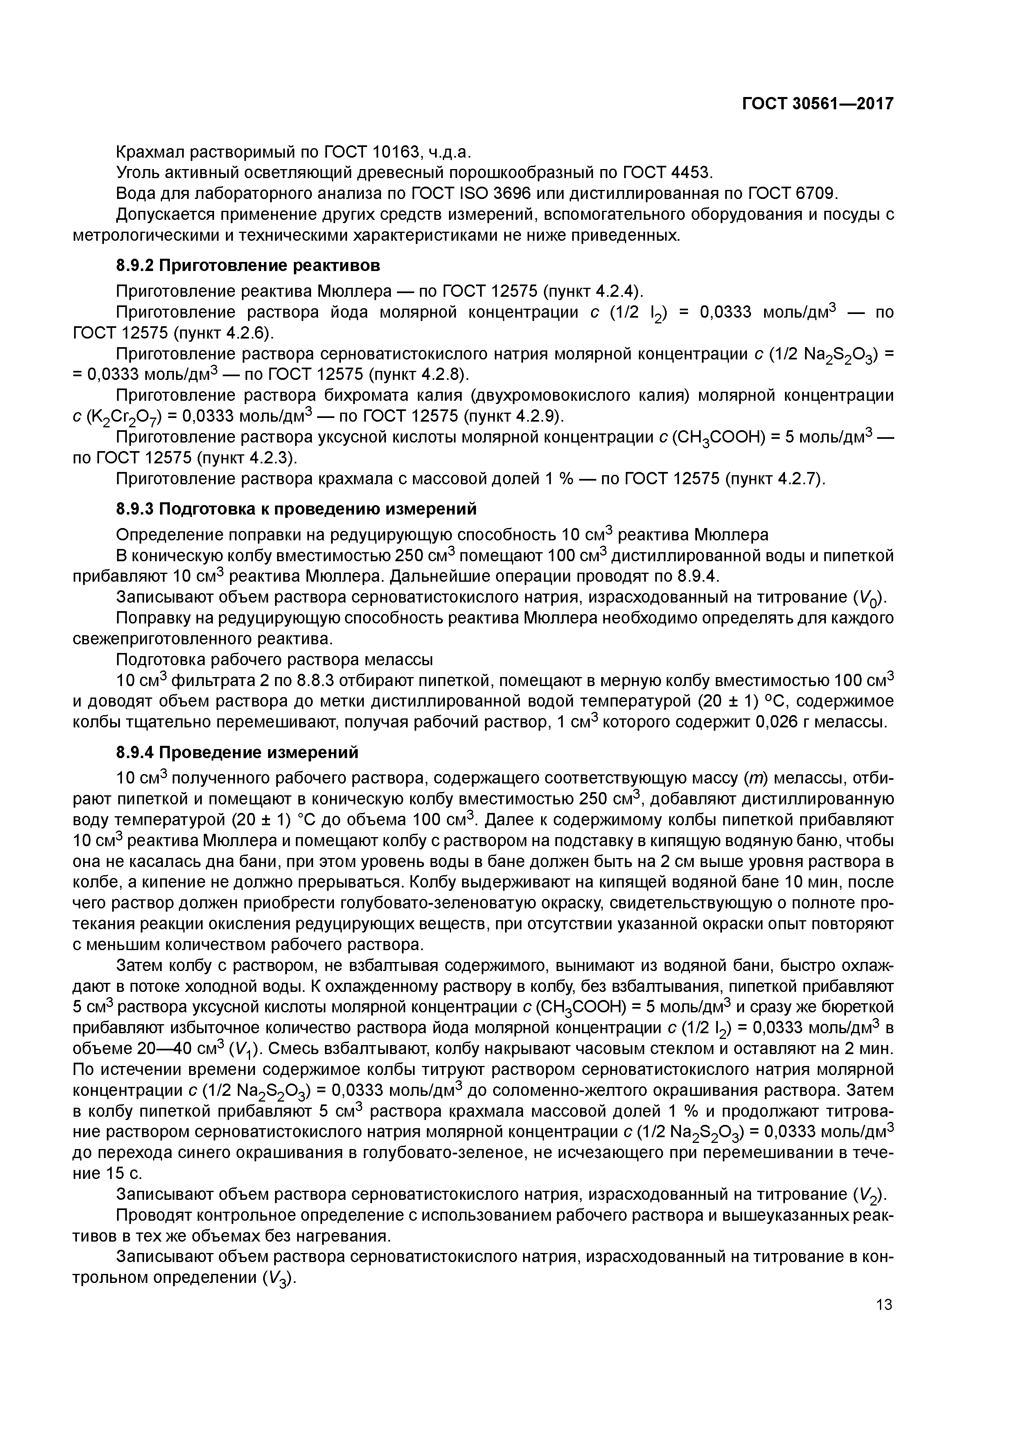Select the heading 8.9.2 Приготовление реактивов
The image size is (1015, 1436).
[x=248, y=266]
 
